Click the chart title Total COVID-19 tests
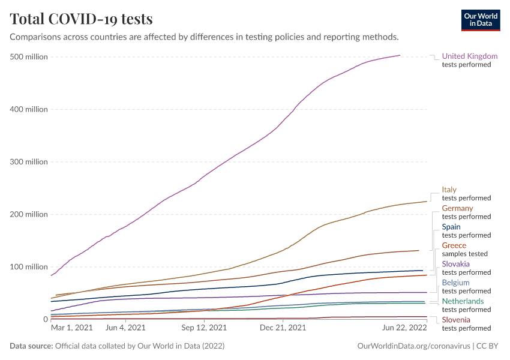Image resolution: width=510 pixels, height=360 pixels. (81, 19)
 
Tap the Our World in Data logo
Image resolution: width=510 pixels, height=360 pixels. (481, 20)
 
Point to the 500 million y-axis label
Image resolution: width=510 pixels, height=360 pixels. (29, 57)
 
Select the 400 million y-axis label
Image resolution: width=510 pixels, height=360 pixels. (29, 109)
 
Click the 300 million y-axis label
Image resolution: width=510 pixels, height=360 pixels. (29, 162)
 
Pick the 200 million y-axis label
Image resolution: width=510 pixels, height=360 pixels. (29, 214)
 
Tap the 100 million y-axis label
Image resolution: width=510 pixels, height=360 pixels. (29, 266)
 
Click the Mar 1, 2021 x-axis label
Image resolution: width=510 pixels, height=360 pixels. (73, 328)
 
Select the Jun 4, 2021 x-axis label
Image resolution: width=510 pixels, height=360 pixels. (125, 328)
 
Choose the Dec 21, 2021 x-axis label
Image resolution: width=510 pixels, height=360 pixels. (283, 328)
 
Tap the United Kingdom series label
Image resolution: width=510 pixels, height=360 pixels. (469, 56)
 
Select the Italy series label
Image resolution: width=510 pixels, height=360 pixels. (449, 190)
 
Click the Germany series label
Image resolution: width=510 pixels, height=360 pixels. (457, 209)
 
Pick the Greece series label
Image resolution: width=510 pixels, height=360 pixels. (454, 246)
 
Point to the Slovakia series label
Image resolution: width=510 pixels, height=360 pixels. (455, 265)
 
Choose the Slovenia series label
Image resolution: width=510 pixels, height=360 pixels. (455, 320)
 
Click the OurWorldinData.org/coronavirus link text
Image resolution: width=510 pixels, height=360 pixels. (413, 346)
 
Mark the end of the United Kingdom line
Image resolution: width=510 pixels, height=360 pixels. (400, 56)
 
